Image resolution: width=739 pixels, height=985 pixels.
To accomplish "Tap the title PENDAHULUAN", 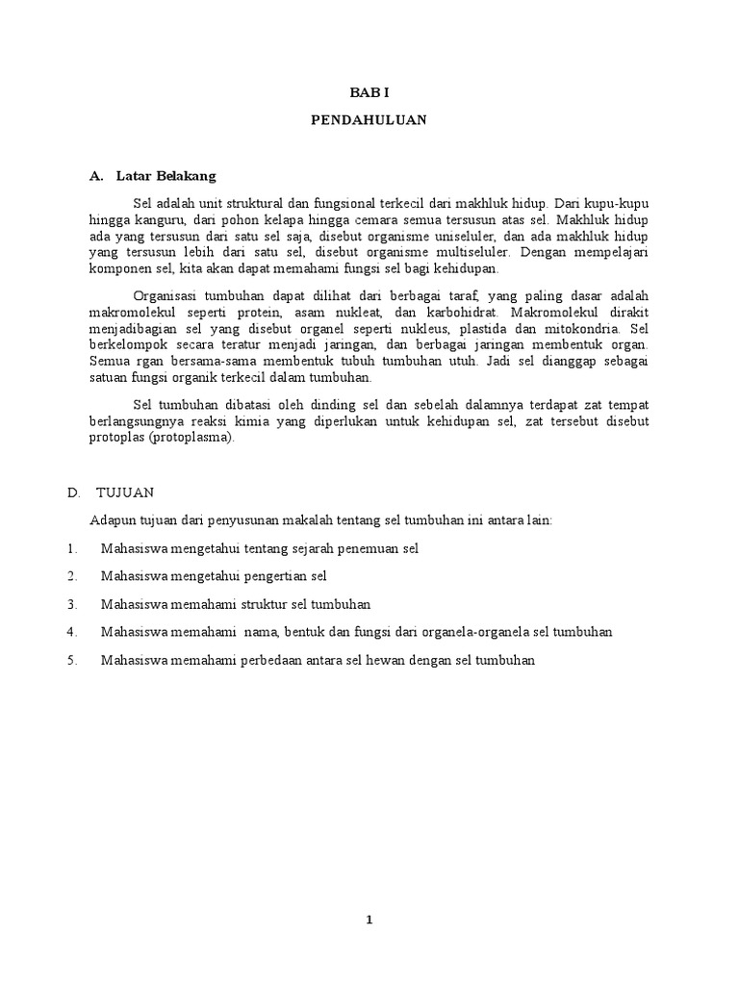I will coord(369,121).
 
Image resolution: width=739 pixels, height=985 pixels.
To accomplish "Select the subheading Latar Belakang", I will coord(166,176).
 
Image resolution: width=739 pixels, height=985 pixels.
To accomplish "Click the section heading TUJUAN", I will coord(125,492).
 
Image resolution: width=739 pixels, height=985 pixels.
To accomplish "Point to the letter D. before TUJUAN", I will coord(73,492).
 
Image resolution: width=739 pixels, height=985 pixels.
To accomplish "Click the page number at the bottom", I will coord(369,920).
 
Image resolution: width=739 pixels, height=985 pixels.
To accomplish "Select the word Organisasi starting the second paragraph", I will coord(168,296).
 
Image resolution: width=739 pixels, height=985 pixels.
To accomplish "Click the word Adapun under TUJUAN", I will coord(113,520).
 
